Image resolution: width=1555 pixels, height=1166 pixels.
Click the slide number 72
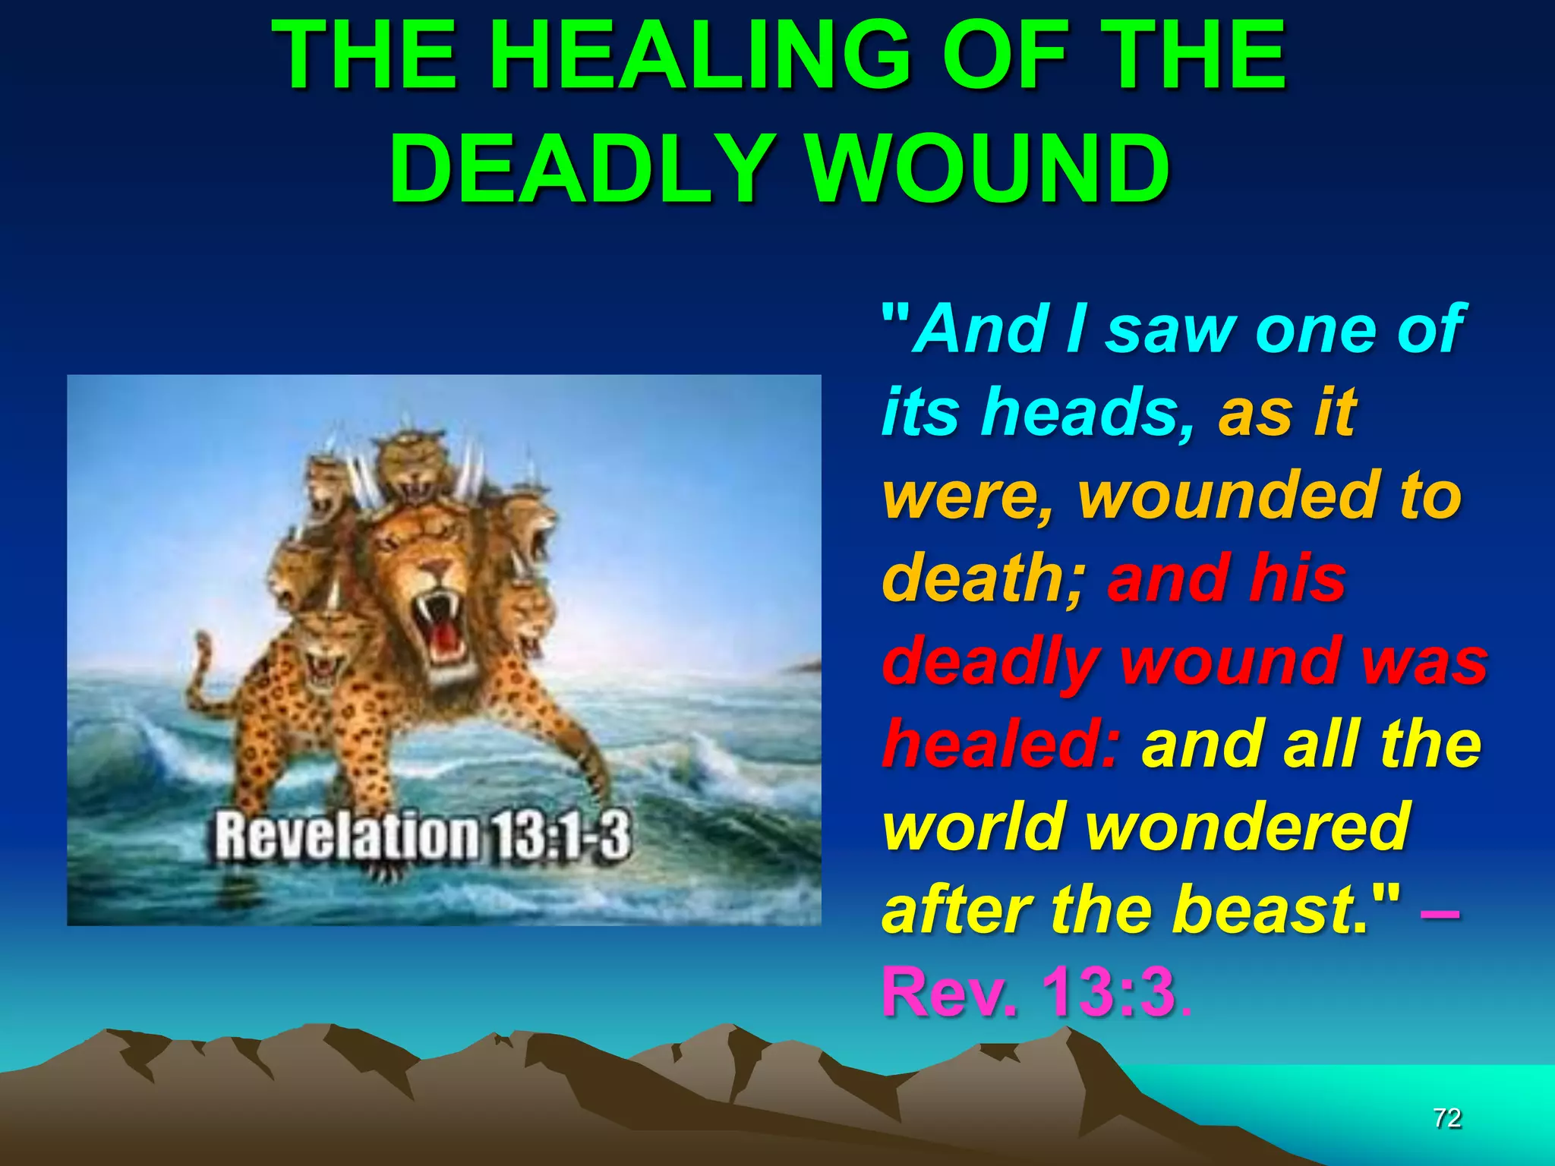pyautogui.click(x=1447, y=1117)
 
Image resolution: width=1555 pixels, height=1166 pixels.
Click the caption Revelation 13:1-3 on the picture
pyautogui.click(x=422, y=836)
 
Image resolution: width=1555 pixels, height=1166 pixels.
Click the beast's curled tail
pyautogui.click(x=202, y=668)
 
